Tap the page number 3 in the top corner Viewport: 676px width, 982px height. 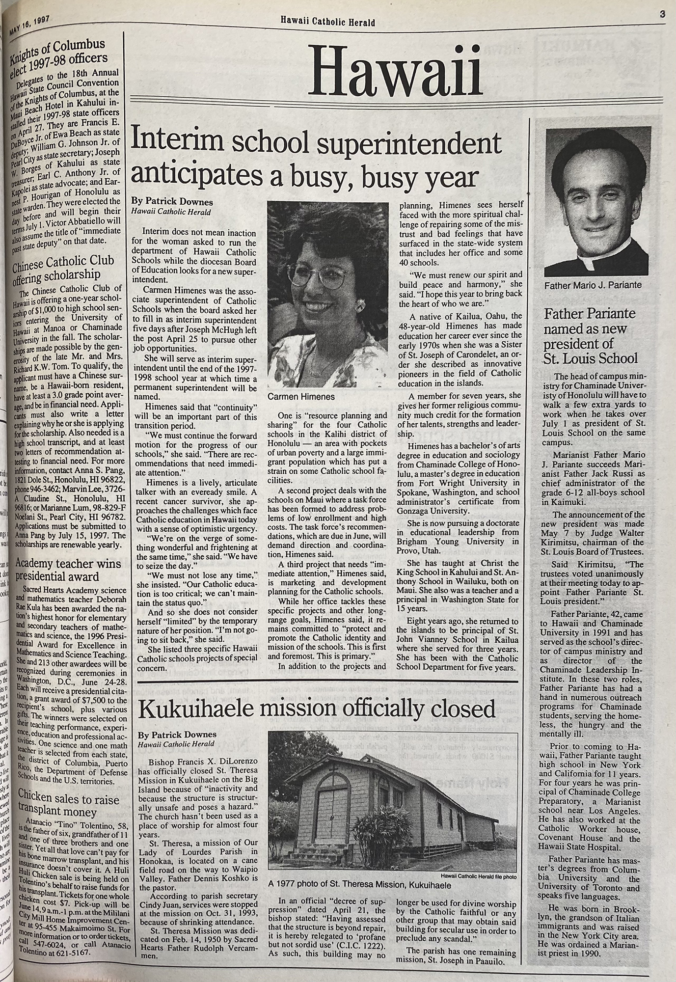pos(662,5)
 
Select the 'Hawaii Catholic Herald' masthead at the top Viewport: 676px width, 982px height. pos(328,22)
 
